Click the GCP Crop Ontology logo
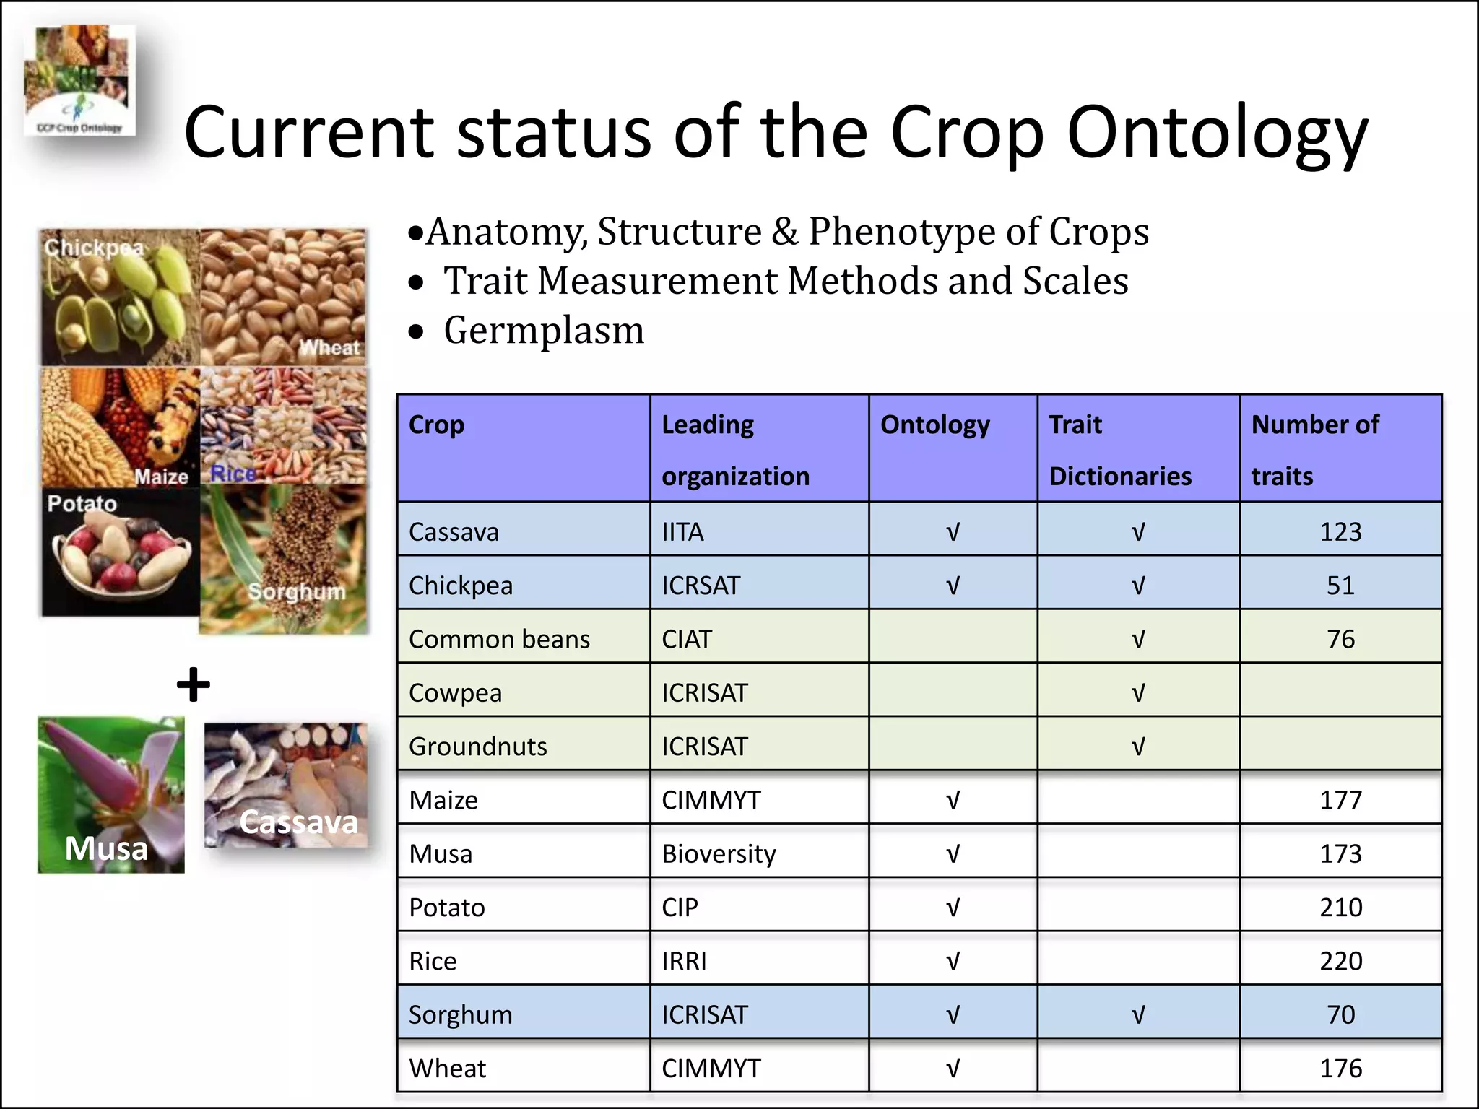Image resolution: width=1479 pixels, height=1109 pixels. click(79, 79)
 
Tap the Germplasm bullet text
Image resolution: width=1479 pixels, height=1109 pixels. click(543, 331)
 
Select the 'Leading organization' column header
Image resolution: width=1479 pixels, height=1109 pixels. click(735, 449)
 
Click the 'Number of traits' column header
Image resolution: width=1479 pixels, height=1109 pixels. click(1314, 449)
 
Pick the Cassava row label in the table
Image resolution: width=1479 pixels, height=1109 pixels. click(454, 532)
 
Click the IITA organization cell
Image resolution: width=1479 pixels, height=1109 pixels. click(682, 532)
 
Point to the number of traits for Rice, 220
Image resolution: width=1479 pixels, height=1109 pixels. click(1340, 961)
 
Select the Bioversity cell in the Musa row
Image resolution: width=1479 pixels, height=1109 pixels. click(719, 854)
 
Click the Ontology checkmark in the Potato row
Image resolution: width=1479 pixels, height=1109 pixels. click(953, 908)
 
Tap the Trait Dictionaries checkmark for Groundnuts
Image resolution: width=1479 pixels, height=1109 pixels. click(1137, 747)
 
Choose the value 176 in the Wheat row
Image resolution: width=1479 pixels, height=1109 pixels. click(1340, 1069)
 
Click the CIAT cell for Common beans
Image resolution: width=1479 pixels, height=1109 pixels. click(687, 640)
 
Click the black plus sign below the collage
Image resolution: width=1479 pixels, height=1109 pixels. click(194, 684)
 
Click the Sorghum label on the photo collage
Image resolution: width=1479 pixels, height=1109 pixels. click(297, 592)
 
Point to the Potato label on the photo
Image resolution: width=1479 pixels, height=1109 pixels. click(82, 503)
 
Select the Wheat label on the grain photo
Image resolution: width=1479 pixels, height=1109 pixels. click(329, 347)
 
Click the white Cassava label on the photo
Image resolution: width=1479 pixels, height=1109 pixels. click(298, 822)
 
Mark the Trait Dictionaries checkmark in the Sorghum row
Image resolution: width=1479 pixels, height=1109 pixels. click(1137, 1015)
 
